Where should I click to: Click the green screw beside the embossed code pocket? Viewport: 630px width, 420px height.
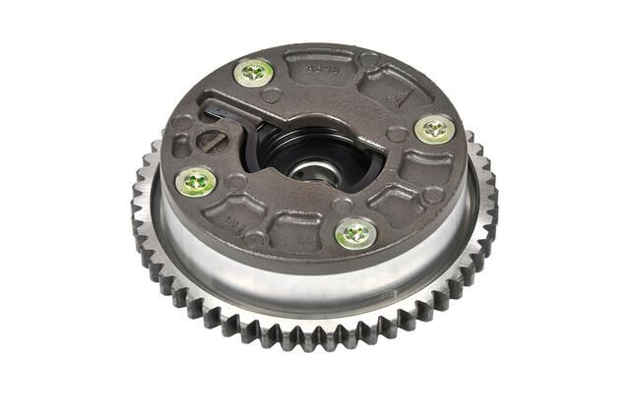coord(254,71)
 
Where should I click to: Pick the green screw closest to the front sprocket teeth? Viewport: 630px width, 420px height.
coord(354,234)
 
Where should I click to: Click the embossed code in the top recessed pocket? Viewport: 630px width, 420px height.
coord(318,68)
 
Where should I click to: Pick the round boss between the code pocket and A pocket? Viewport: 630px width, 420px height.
coord(367,61)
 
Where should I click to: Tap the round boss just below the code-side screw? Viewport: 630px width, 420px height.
coord(271,96)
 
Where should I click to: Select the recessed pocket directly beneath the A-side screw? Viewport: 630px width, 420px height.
coord(425,167)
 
